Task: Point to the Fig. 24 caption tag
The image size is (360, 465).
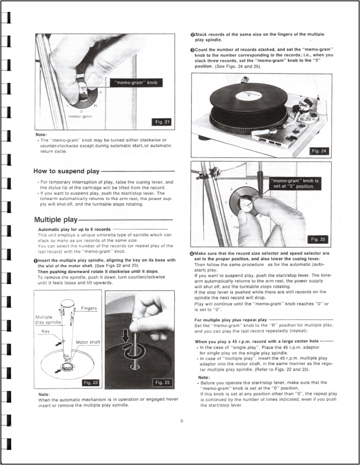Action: (319, 151)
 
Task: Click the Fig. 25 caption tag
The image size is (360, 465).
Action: (319, 239)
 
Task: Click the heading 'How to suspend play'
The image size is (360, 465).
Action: (67, 171)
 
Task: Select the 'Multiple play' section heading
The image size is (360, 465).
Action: (56, 219)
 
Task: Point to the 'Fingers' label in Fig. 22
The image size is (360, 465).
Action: (88, 308)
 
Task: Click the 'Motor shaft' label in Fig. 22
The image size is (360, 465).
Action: (88, 342)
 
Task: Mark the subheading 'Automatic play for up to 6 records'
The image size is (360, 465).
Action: (74, 229)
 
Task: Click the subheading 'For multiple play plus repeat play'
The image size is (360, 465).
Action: (230, 320)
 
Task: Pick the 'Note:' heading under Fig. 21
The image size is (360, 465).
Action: (41, 134)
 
